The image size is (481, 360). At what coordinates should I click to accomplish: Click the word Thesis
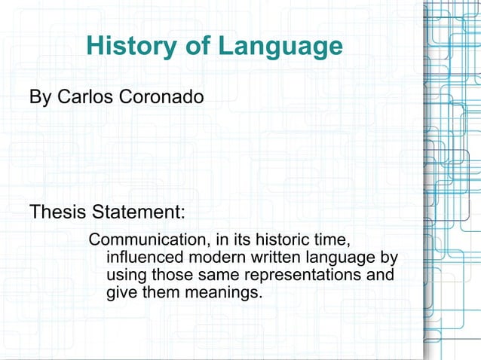point(58,212)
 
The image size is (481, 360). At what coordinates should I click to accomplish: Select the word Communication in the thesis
point(147,241)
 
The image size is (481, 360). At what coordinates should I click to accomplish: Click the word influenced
point(143,258)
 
